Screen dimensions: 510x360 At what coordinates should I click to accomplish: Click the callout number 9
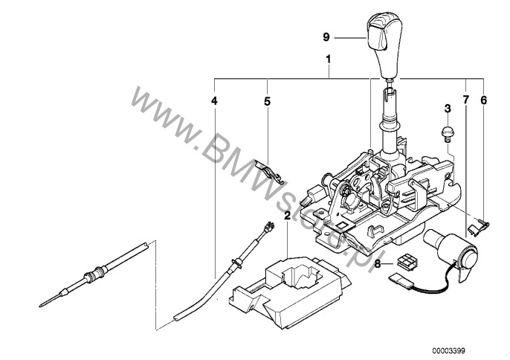(326, 37)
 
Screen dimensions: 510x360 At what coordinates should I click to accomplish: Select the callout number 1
(329, 60)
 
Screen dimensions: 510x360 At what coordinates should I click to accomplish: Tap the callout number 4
(214, 101)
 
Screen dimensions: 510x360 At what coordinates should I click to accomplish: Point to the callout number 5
(267, 102)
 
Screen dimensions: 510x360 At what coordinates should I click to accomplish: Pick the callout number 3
(448, 109)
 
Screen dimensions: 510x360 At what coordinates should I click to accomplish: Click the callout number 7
(466, 100)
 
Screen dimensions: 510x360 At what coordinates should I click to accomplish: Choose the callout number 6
(484, 100)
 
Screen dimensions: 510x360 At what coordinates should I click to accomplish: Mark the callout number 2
(287, 215)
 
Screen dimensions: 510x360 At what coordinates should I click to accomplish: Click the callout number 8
(378, 264)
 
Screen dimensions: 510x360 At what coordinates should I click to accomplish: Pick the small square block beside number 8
(407, 261)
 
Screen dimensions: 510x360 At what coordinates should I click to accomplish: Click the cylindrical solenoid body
(451, 251)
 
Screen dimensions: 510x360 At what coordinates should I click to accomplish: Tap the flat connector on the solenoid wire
(401, 280)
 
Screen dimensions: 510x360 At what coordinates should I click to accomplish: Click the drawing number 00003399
(448, 350)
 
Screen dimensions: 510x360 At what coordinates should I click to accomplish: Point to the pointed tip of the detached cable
(40, 306)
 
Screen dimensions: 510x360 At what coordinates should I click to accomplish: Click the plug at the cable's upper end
(268, 227)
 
